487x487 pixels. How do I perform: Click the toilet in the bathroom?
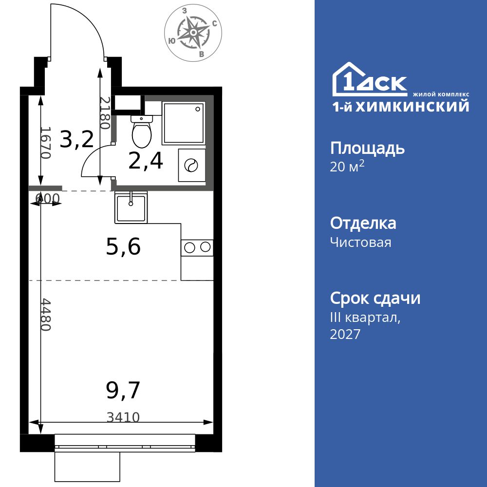click(142, 131)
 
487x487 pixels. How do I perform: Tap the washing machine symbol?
click(191, 165)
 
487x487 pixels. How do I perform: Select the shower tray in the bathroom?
click(183, 123)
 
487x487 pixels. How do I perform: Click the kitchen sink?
click(131, 207)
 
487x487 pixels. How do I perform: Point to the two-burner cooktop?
click(197, 247)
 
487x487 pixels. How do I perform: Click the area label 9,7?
click(123, 391)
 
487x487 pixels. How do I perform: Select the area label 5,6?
click(123, 247)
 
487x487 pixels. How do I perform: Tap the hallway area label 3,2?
click(76, 139)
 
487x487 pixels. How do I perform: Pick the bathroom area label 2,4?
click(146, 162)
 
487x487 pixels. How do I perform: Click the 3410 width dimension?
click(123, 417)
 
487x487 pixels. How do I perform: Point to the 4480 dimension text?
click(46, 315)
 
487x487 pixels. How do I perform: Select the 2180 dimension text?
click(105, 113)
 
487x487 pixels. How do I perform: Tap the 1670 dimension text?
click(46, 143)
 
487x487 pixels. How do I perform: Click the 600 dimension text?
click(47, 198)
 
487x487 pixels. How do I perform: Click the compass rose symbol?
click(193, 32)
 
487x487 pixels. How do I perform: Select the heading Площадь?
click(367, 149)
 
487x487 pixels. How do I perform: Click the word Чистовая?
click(360, 242)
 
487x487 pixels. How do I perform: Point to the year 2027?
click(345, 334)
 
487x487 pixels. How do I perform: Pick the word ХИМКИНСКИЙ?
click(412, 106)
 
